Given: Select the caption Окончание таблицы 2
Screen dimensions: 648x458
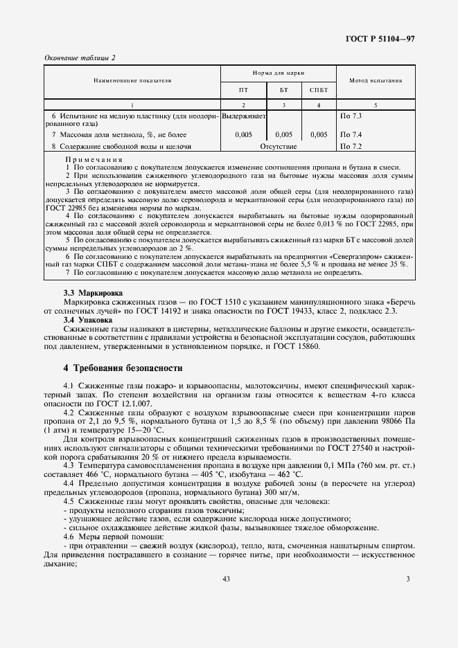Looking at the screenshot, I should tap(80, 57).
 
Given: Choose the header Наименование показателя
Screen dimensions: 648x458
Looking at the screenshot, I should tap(123, 81).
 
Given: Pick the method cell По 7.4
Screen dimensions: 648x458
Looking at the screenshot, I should tap(351, 134).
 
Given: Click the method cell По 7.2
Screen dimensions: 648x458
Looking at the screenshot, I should tap(351, 147).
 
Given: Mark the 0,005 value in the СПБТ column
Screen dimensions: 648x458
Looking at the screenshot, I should tap(319, 134).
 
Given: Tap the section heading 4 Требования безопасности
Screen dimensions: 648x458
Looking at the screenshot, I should tap(123, 368).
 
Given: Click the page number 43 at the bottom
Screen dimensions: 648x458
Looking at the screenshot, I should tap(226, 579).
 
